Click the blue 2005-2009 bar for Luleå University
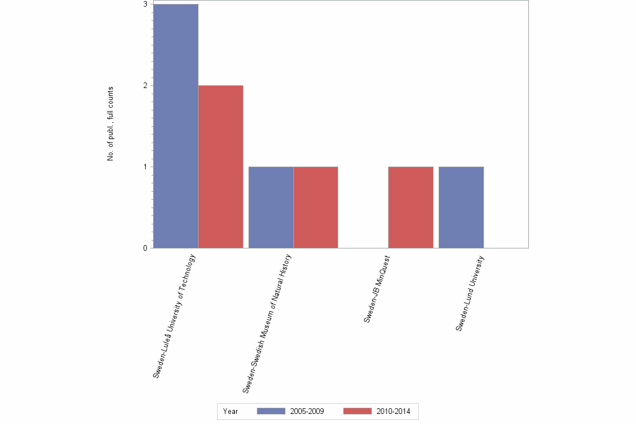pyautogui.click(x=176, y=126)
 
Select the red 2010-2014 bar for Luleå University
pyautogui.click(x=220, y=167)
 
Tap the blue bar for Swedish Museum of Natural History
pyautogui.click(x=271, y=208)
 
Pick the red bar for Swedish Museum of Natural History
pyautogui.click(x=316, y=208)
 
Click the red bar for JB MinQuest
pyautogui.click(x=411, y=208)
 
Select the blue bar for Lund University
pyautogui.click(x=461, y=208)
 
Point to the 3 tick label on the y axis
pyautogui.click(x=145, y=4)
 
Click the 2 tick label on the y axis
pyautogui.click(x=145, y=85)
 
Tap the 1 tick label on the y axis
pyautogui.click(x=145, y=167)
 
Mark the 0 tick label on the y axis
pyautogui.click(x=145, y=248)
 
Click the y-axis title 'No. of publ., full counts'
pyautogui.click(x=110, y=124)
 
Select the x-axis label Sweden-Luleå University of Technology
pyautogui.click(x=174, y=316)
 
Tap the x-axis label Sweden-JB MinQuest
pyautogui.click(x=376, y=288)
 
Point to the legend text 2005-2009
pyautogui.click(x=307, y=411)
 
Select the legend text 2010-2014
pyautogui.click(x=393, y=411)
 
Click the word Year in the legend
pyautogui.click(x=231, y=411)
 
